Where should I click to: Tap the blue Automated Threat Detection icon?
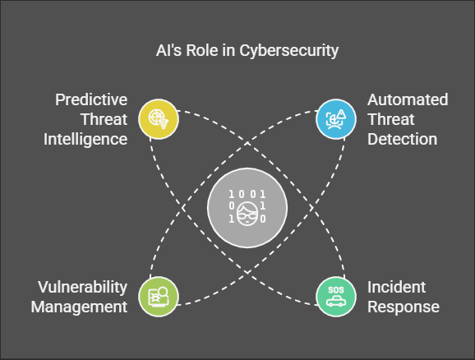[x=336, y=118]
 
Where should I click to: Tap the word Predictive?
[x=91, y=100]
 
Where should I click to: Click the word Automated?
[x=408, y=100]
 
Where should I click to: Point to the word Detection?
[x=402, y=139]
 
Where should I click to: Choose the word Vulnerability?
[x=82, y=288]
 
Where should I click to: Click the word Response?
[x=404, y=307]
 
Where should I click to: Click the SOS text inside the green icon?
[x=335, y=290]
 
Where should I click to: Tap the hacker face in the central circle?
[x=247, y=216]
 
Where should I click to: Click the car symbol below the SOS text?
[x=335, y=302]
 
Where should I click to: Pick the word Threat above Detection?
[x=390, y=119]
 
